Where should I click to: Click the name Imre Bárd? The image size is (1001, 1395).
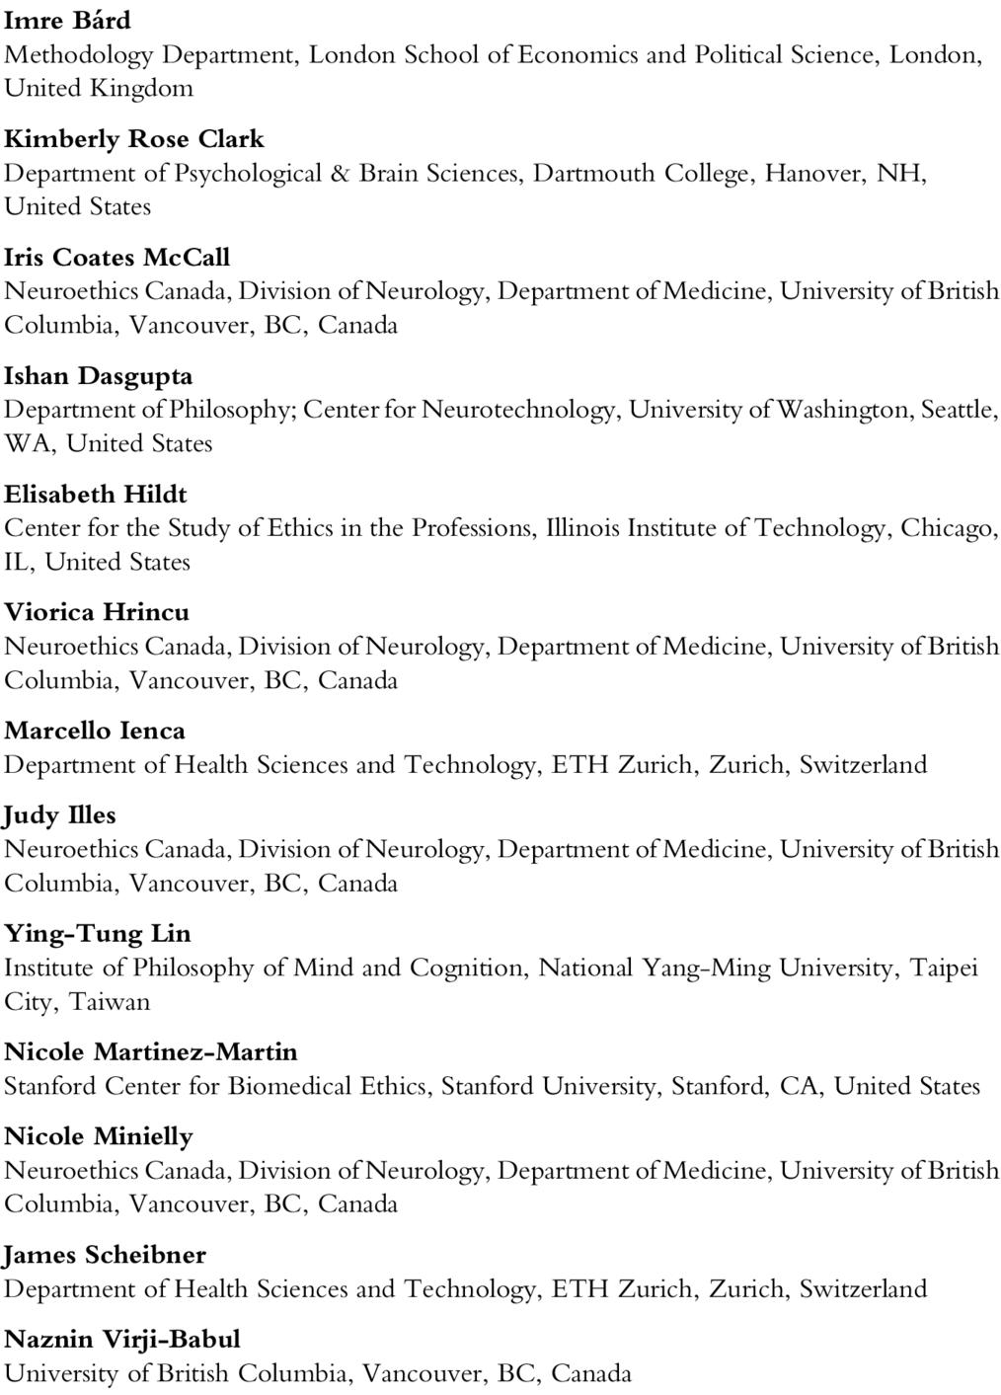(67, 20)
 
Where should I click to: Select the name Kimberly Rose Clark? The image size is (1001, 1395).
(134, 138)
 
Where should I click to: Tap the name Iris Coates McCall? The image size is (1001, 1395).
(116, 257)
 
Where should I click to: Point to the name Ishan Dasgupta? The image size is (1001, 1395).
(99, 375)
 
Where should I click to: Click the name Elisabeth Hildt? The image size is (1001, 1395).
(96, 494)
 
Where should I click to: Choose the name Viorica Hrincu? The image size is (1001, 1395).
(97, 612)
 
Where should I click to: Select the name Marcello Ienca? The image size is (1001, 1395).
(95, 731)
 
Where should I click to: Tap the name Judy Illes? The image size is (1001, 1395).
(60, 815)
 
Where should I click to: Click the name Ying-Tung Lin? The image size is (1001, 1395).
(98, 933)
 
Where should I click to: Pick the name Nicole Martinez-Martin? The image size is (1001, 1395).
(151, 1051)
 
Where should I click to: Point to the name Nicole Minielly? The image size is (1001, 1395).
(99, 1136)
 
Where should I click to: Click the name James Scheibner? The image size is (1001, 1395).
(106, 1255)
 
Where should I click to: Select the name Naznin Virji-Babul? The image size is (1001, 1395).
(122, 1340)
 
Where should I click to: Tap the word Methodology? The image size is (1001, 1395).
(79, 55)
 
